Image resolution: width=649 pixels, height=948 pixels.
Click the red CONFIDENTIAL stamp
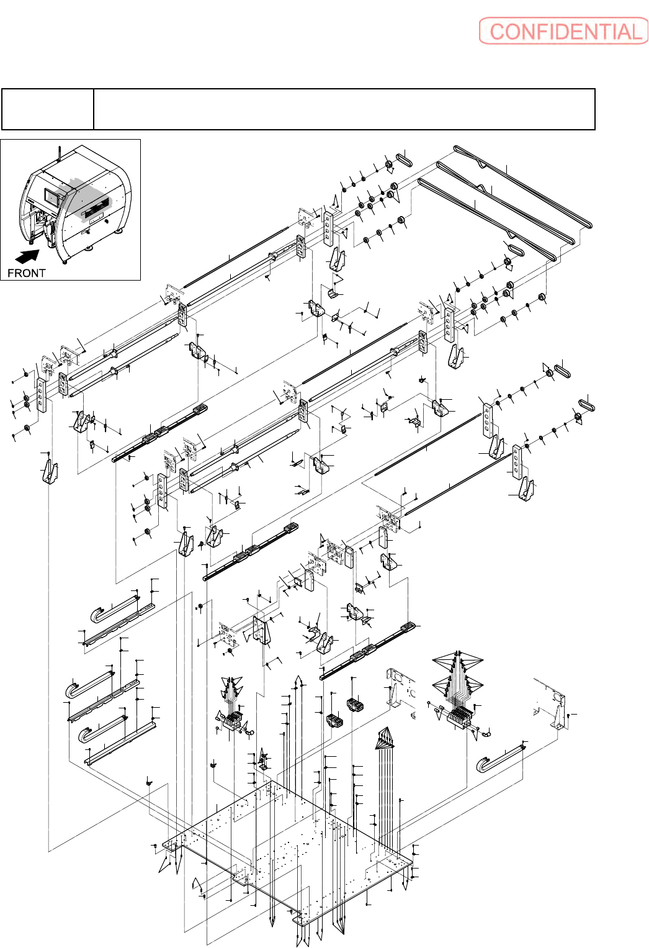pos(563,31)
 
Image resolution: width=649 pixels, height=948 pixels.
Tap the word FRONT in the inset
pos(26,273)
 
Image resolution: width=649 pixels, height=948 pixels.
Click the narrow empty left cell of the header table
pos(48,109)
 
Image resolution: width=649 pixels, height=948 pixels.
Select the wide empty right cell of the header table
pos(344,109)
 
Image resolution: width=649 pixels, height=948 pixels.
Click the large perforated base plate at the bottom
pos(285,851)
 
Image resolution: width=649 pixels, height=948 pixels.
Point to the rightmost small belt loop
pos(586,403)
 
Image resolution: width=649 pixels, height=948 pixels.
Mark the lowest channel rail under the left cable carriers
pos(121,742)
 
